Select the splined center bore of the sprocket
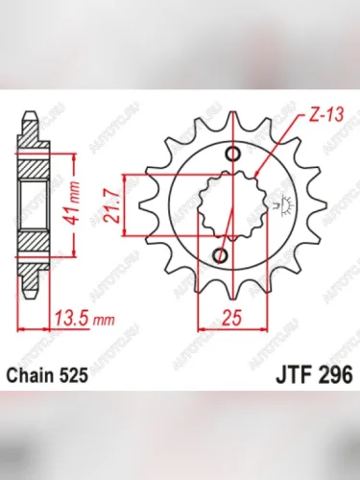pos(228,204)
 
